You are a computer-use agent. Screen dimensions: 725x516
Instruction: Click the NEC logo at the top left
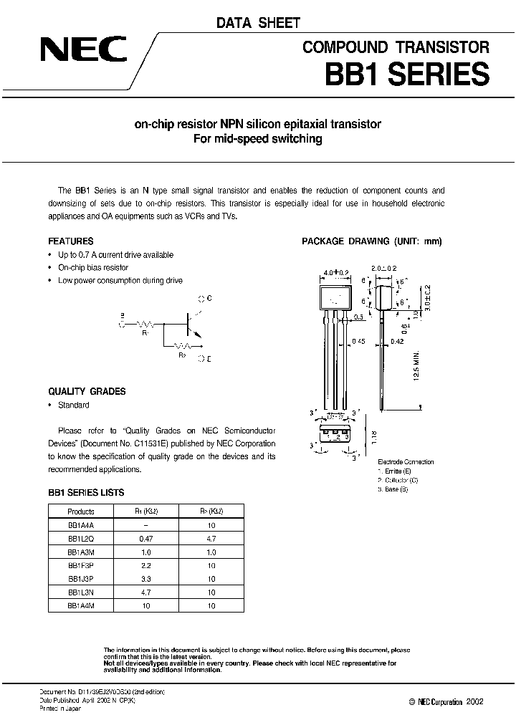[x=84, y=50]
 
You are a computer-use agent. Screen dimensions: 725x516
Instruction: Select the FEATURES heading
[x=70, y=241]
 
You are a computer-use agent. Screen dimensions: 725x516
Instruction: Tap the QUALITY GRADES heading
[x=87, y=392]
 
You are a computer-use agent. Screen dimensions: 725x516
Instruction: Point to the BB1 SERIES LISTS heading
[x=86, y=493]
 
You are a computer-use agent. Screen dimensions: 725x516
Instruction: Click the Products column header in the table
[x=81, y=512]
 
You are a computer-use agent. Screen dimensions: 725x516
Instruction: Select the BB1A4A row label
[x=81, y=525]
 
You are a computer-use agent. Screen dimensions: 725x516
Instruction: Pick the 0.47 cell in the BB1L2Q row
[x=146, y=539]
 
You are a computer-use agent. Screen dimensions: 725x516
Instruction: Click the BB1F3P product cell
[x=81, y=566]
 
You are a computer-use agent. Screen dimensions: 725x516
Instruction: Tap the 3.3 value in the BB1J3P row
[x=146, y=579]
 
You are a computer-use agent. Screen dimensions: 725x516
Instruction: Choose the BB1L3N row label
[x=81, y=592]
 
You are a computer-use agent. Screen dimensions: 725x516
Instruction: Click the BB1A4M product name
[x=81, y=606]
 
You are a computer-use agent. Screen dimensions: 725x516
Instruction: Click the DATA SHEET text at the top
[x=259, y=24]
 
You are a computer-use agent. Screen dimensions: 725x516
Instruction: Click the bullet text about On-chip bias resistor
[x=93, y=267]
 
